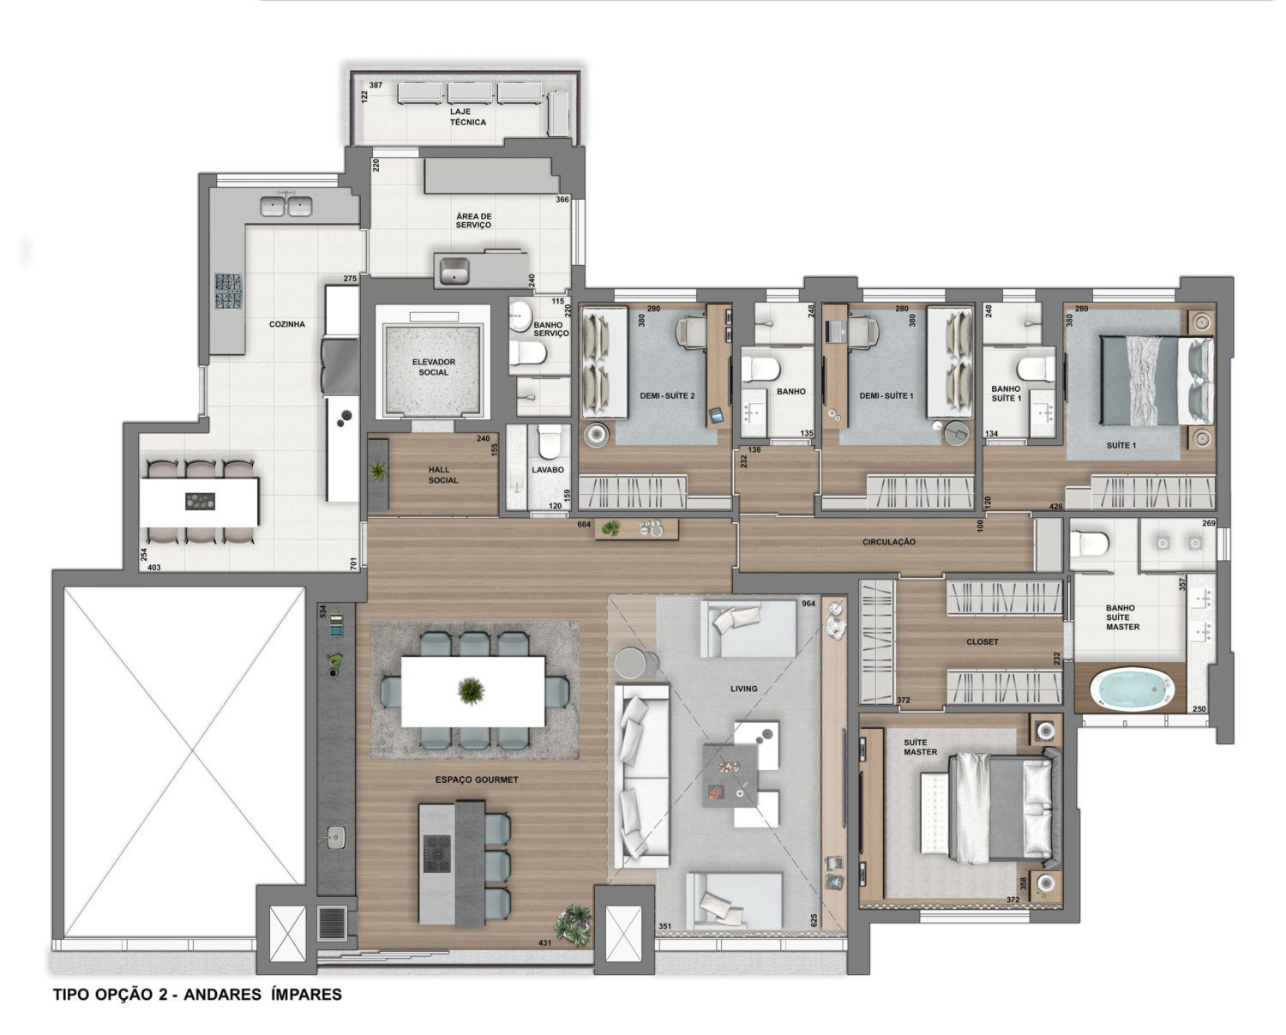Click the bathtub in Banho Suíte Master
(1132, 690)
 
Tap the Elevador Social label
(433, 367)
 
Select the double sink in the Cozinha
(285, 207)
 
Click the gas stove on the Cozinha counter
(228, 292)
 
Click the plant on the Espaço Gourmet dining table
(472, 691)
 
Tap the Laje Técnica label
(468, 117)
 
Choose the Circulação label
(888, 542)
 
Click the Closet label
(983, 641)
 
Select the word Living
(744, 689)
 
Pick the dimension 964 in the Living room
(808, 604)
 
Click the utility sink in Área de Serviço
(454, 269)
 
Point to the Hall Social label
(442, 475)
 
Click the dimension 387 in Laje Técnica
(376, 86)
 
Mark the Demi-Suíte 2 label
(667, 395)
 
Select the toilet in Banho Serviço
(528, 352)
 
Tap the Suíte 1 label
(1121, 445)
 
